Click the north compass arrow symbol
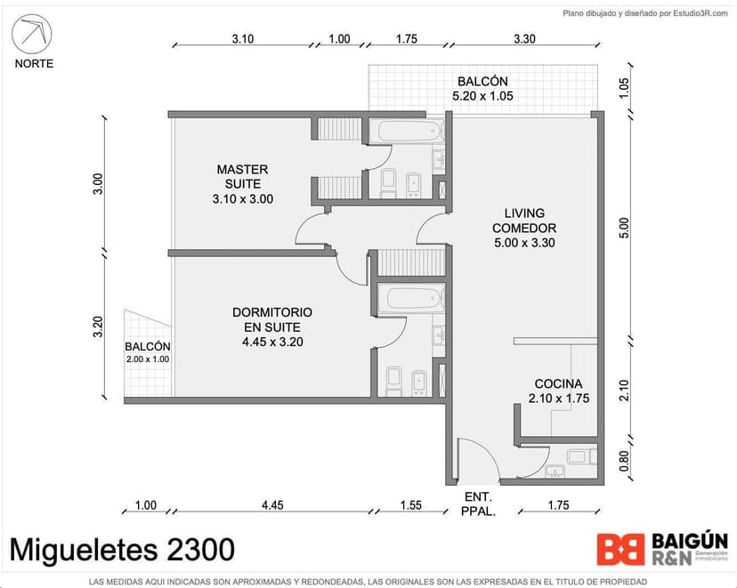point(31,34)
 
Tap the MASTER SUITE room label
point(242,183)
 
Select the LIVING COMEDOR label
point(524,228)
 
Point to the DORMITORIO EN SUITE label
point(272,326)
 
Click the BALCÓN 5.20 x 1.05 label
point(482,89)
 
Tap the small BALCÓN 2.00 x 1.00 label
point(148,352)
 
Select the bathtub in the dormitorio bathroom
point(410,298)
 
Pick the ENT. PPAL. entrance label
point(478,503)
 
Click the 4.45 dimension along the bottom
point(272,505)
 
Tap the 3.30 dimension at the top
point(524,38)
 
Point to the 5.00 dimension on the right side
point(623,228)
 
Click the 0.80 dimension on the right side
point(623,461)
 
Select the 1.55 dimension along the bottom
point(411,505)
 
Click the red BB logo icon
point(621,550)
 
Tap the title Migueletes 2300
point(122,550)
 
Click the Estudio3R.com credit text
point(701,13)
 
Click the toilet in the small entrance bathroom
point(582,456)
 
